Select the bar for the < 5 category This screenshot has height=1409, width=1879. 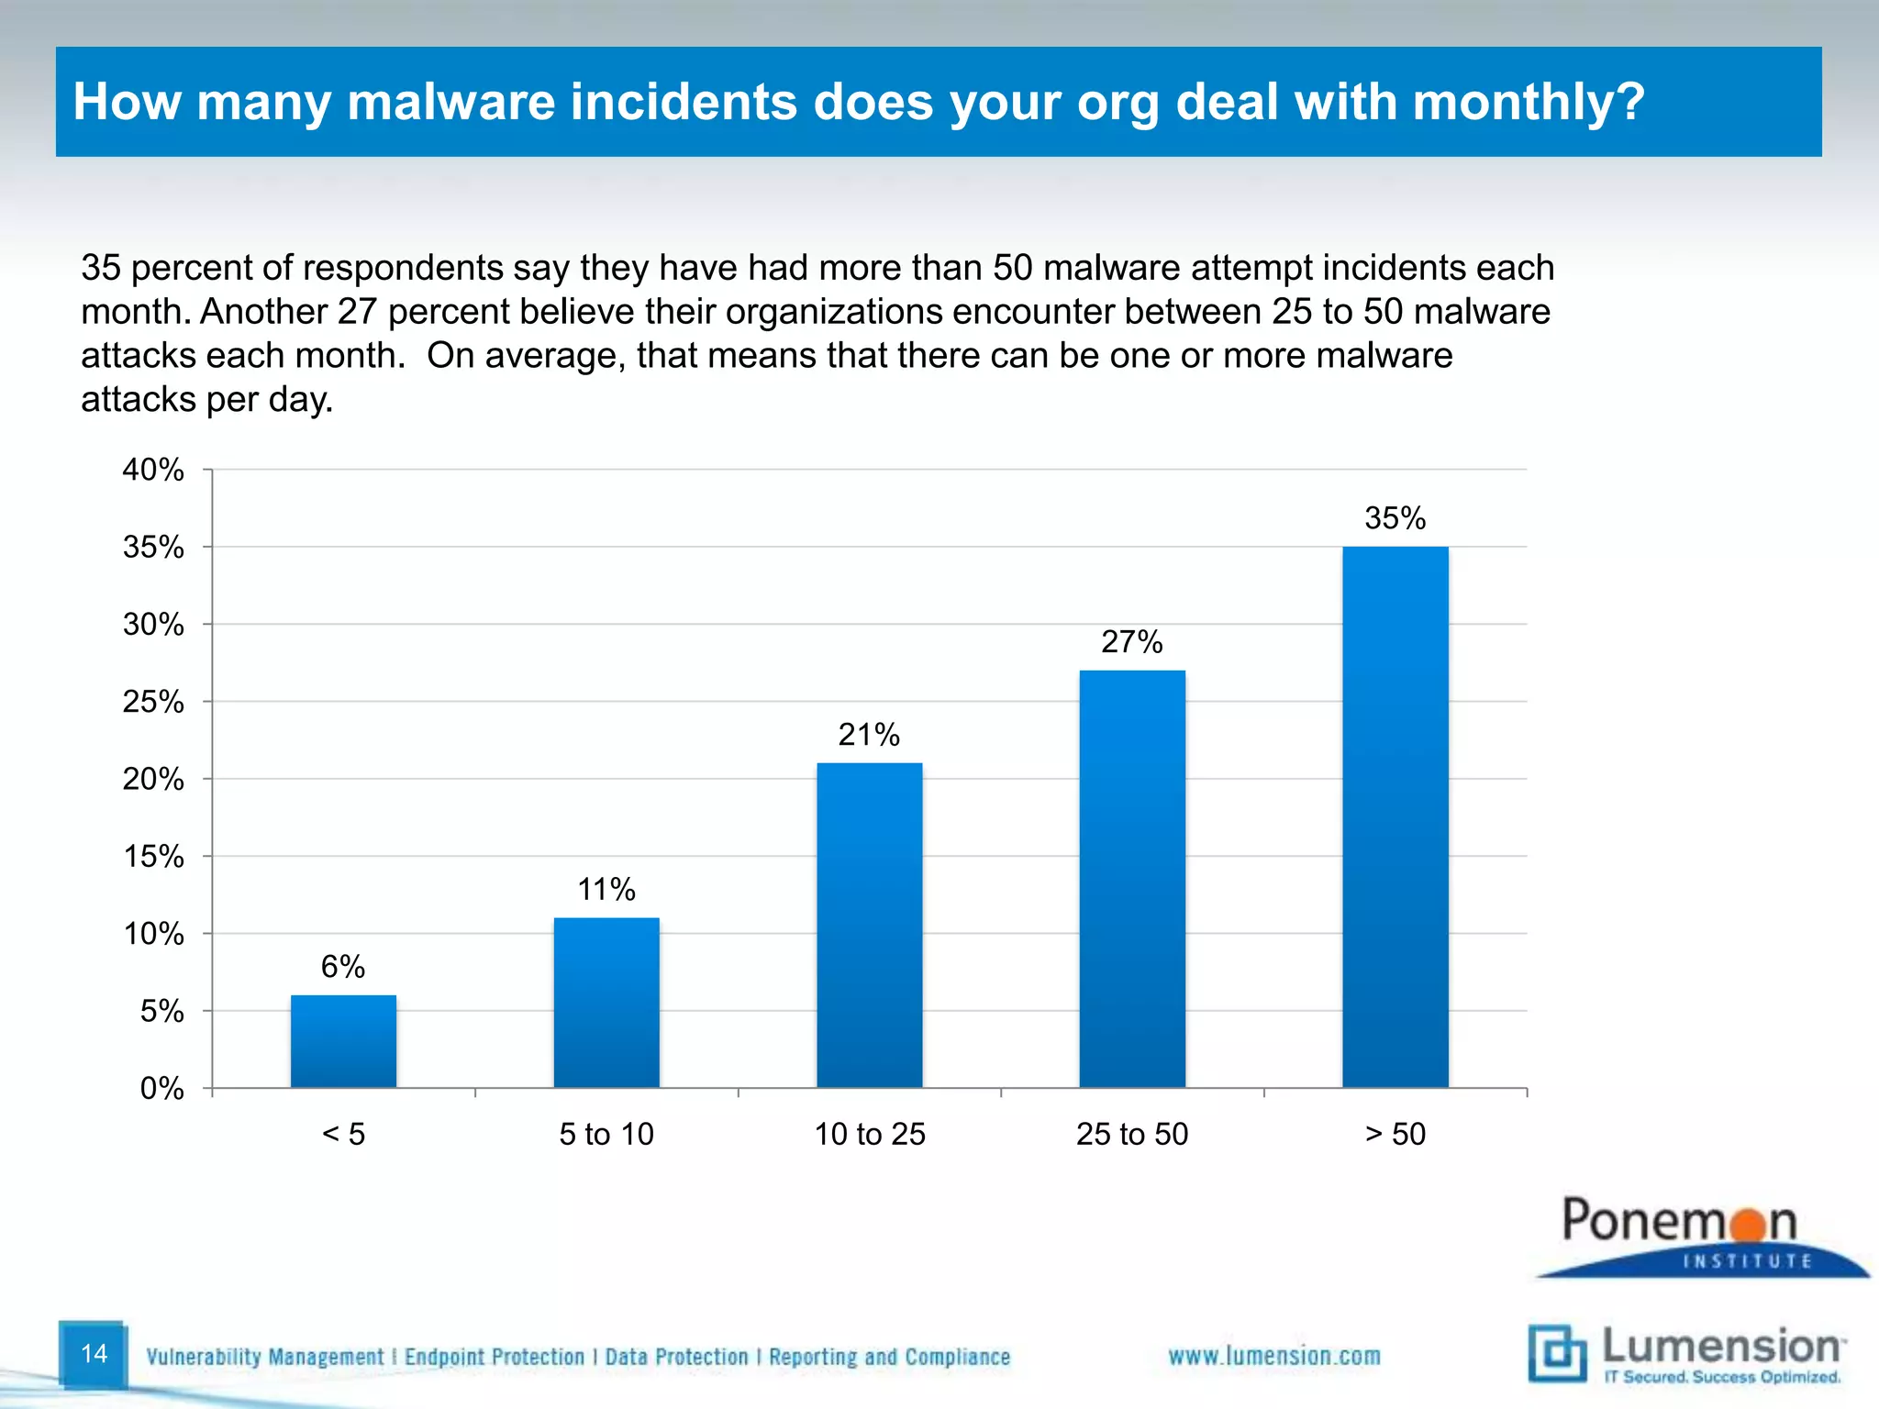[x=343, y=1041]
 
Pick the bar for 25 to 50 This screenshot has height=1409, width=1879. [x=1132, y=878]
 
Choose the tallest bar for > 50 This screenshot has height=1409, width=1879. [x=1395, y=816]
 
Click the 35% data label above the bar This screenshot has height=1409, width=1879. [x=1395, y=518]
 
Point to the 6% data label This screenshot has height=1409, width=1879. [x=343, y=967]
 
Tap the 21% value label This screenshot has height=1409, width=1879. [x=869, y=735]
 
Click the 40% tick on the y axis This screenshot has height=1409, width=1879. [x=153, y=470]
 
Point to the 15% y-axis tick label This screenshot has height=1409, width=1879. [x=153, y=857]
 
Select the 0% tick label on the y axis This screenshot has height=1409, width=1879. [x=161, y=1089]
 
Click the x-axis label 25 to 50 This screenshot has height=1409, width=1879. [x=1132, y=1135]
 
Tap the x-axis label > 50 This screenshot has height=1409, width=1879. [x=1395, y=1135]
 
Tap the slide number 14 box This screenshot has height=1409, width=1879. [x=94, y=1353]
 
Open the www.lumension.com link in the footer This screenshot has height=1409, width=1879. [x=1273, y=1356]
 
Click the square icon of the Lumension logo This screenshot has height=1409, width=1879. [x=1557, y=1353]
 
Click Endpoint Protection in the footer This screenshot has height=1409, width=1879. [x=494, y=1357]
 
